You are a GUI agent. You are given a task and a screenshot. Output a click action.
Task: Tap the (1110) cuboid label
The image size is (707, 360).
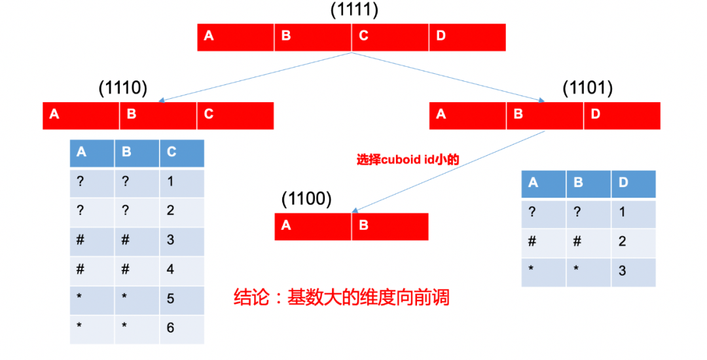pyautogui.click(x=122, y=88)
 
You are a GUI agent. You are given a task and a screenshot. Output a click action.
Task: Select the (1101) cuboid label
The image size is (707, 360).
pyautogui.click(x=587, y=88)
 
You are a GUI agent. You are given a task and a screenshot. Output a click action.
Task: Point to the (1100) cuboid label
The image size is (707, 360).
pyautogui.click(x=306, y=198)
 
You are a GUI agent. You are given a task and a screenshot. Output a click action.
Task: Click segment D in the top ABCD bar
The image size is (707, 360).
pyautogui.click(x=467, y=37)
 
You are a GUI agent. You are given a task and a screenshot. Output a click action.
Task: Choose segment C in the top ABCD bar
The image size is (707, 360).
pyautogui.click(x=390, y=37)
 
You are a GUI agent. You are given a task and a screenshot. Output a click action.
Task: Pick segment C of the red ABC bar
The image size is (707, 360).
pyautogui.click(x=235, y=115)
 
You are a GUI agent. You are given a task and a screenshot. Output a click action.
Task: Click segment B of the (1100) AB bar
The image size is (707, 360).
pyautogui.click(x=390, y=226)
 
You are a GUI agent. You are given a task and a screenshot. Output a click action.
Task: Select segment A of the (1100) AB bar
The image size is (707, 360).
pyautogui.click(x=313, y=226)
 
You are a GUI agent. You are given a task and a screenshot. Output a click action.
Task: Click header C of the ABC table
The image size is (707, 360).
pyautogui.click(x=181, y=153)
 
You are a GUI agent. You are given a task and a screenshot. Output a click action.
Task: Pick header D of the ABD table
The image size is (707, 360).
pyautogui.click(x=633, y=183)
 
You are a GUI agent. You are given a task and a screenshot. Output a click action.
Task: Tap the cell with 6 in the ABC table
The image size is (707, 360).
pyautogui.click(x=181, y=328)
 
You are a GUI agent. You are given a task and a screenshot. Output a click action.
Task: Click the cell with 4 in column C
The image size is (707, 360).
pyautogui.click(x=181, y=269)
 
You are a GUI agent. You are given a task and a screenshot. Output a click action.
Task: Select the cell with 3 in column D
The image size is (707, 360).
pyautogui.click(x=633, y=272)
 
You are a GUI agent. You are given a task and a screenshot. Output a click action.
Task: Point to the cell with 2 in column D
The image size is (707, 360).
pyautogui.click(x=633, y=242)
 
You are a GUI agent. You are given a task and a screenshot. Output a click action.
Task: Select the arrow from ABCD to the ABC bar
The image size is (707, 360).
pyautogui.click(x=255, y=77)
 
